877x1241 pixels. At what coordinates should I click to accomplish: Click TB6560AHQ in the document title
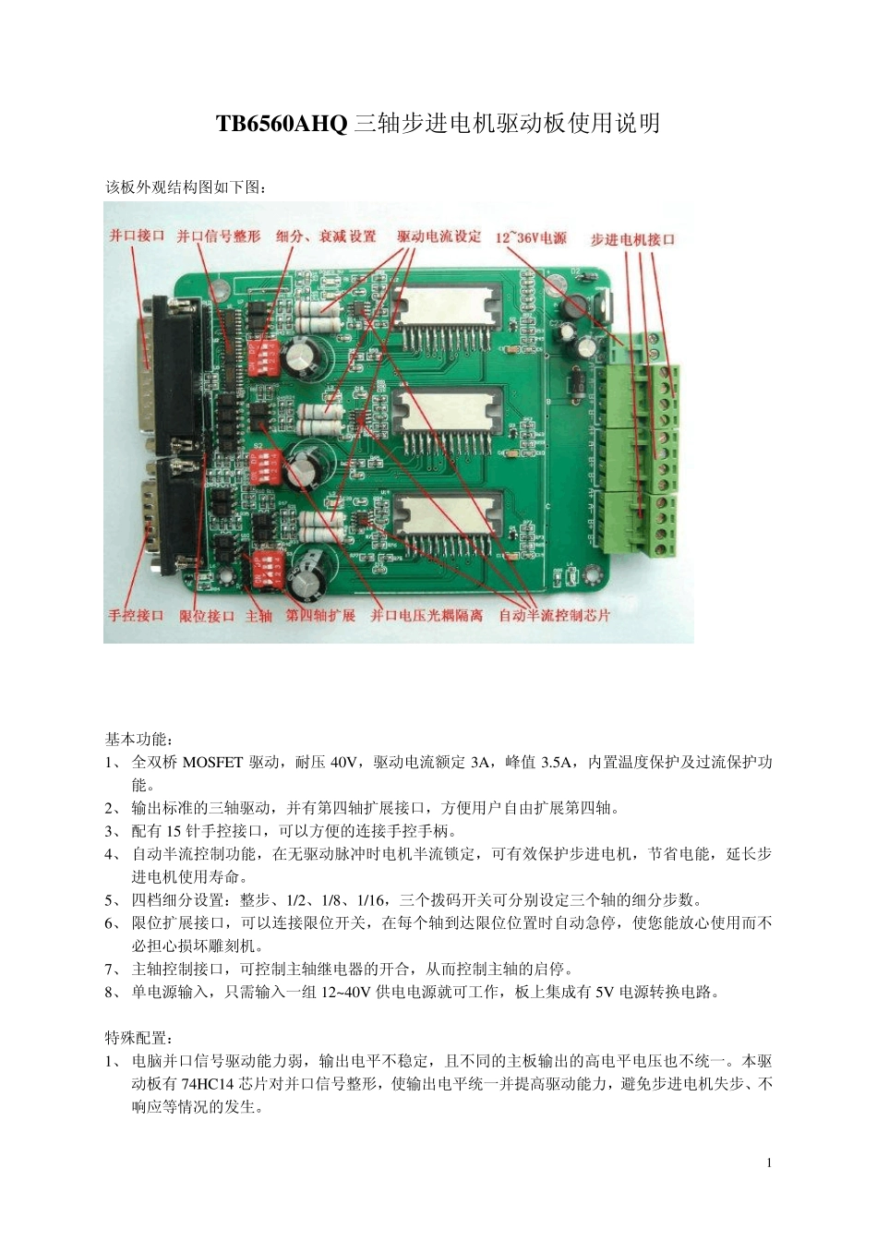282,123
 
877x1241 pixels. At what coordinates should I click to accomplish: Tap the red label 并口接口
137,235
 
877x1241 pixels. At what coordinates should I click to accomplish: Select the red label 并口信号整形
219,236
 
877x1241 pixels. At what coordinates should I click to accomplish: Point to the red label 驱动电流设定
439,236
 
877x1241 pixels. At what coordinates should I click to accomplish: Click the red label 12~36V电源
531,238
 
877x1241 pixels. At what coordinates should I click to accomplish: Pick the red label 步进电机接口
633,239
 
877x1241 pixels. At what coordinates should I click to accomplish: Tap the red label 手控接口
136,615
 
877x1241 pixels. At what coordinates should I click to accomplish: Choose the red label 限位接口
207,616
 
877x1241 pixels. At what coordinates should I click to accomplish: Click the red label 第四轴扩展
320,615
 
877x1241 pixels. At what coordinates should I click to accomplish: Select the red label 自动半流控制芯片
554,615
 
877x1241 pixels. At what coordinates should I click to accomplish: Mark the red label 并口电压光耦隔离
426,615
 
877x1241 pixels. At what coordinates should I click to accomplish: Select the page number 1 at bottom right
769,1163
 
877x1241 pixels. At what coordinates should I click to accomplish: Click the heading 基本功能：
138,740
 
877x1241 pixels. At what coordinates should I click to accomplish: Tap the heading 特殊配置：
138,1038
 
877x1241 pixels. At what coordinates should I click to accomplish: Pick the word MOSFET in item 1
213,763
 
